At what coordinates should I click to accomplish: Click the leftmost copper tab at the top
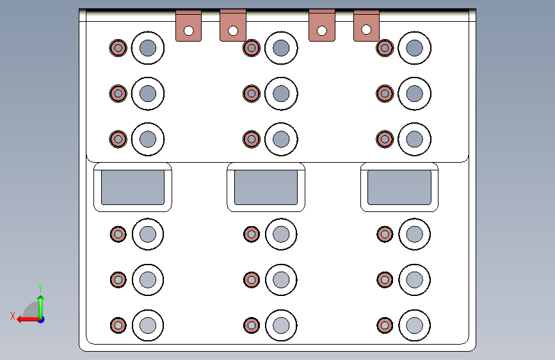[188, 26]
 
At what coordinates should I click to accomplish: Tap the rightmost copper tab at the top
[366, 26]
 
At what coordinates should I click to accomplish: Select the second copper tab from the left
[233, 26]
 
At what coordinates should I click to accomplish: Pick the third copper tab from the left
[321, 26]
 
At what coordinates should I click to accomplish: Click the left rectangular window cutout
[133, 187]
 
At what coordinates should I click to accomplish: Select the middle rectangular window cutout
[266, 187]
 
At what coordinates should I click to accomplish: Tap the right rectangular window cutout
[399, 187]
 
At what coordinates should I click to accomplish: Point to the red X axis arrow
[26, 318]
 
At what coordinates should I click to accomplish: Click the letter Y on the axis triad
[40, 288]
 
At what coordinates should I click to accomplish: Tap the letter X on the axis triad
[13, 315]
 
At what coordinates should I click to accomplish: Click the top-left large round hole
[148, 48]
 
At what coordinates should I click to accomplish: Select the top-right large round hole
[414, 48]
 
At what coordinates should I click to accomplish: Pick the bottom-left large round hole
[148, 325]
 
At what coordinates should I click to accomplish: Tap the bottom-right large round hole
[414, 325]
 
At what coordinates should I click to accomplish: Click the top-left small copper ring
[118, 48]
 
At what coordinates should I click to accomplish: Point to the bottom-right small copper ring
[384, 325]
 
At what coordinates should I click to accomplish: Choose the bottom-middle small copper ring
[251, 325]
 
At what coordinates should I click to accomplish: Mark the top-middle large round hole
[281, 48]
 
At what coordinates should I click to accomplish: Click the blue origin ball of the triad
[40, 319]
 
